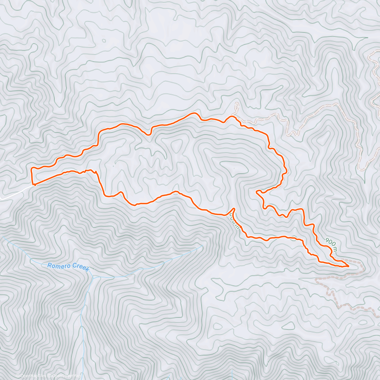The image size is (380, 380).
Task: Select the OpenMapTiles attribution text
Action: (x=33, y=376)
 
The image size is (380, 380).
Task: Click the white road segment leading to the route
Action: (x=16, y=193)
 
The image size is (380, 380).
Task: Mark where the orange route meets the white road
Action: (x=33, y=184)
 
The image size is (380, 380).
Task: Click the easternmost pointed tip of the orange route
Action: (x=349, y=266)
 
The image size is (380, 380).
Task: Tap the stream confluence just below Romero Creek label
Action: (x=93, y=276)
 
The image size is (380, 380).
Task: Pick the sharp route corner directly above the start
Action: (x=31, y=168)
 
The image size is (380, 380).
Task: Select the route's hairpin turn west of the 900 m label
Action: (x=257, y=191)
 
